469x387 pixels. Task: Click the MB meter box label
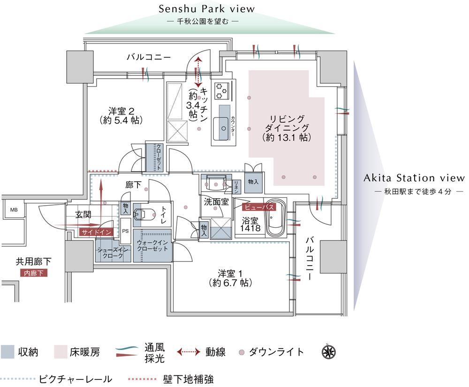pos(14,210)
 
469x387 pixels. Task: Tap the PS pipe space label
pos(125,231)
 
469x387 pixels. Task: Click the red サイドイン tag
pos(97,232)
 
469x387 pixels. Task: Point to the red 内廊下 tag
pos(33,273)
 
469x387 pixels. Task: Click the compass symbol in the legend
pos(329,352)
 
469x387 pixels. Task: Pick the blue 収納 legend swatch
pos(7,352)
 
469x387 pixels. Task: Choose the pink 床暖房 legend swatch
pos(61,352)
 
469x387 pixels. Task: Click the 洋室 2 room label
pos(121,116)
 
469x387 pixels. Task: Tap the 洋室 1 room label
pos(230,278)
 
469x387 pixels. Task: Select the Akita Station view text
pos(414,178)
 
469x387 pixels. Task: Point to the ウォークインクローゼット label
pos(152,246)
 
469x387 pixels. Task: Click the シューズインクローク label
pos(113,253)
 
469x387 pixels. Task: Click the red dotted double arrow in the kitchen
pos(198,73)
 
